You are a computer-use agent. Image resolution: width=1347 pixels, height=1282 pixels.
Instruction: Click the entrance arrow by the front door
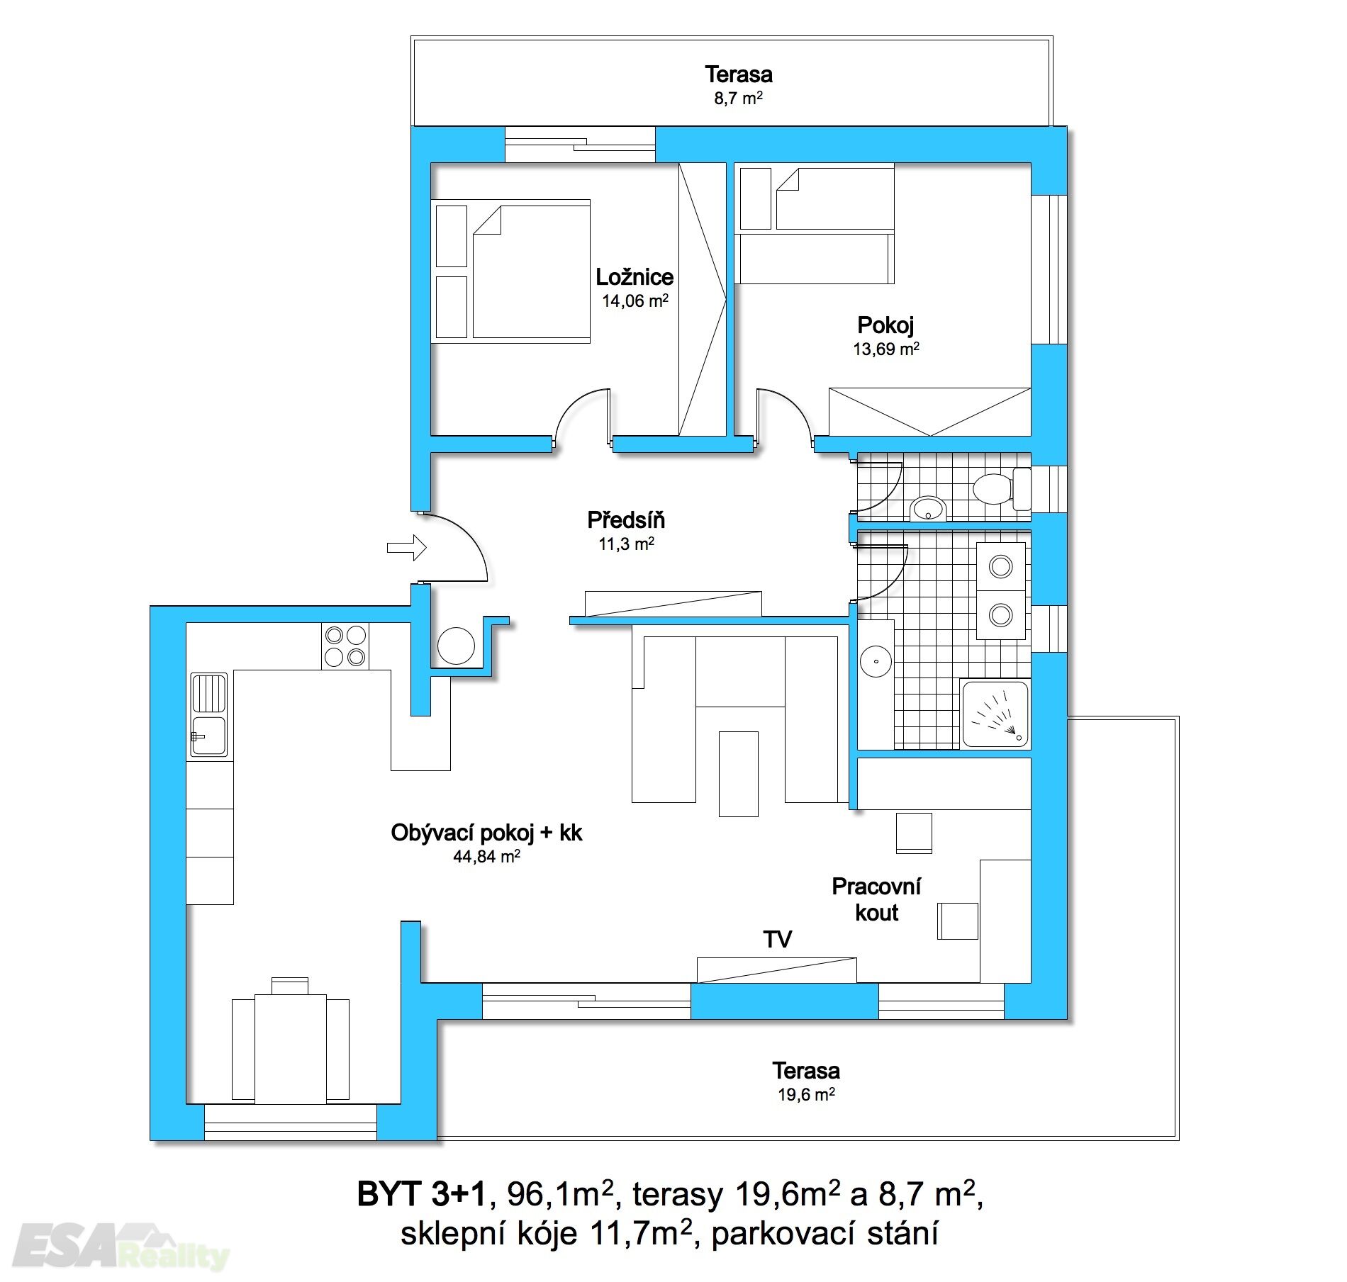(406, 547)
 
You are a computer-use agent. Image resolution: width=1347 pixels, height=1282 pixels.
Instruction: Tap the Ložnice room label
(635, 276)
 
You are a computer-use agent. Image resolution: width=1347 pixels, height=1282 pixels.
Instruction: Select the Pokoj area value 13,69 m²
(886, 349)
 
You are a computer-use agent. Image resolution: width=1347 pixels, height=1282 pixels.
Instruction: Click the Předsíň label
(626, 520)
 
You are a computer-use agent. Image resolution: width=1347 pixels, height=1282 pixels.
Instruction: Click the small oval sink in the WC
(928, 507)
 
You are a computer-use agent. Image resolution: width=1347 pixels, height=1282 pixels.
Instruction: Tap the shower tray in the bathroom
(995, 714)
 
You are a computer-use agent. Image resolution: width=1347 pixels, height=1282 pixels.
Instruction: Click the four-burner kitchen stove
(345, 646)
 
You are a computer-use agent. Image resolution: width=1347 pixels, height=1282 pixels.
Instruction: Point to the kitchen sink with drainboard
(209, 714)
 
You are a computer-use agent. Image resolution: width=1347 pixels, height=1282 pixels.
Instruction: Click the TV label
(777, 940)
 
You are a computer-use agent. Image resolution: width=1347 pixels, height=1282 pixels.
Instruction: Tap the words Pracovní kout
(876, 899)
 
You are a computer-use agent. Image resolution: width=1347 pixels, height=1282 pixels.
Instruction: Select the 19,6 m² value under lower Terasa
(806, 1094)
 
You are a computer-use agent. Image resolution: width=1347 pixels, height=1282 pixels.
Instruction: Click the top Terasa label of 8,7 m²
(738, 74)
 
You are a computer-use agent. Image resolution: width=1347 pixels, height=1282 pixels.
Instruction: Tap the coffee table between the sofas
(738, 774)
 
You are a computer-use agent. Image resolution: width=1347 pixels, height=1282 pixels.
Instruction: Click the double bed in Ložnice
(531, 271)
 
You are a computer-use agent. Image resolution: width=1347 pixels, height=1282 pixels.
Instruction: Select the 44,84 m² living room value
(486, 856)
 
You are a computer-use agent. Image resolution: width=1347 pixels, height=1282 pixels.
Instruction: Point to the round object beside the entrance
(456, 646)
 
